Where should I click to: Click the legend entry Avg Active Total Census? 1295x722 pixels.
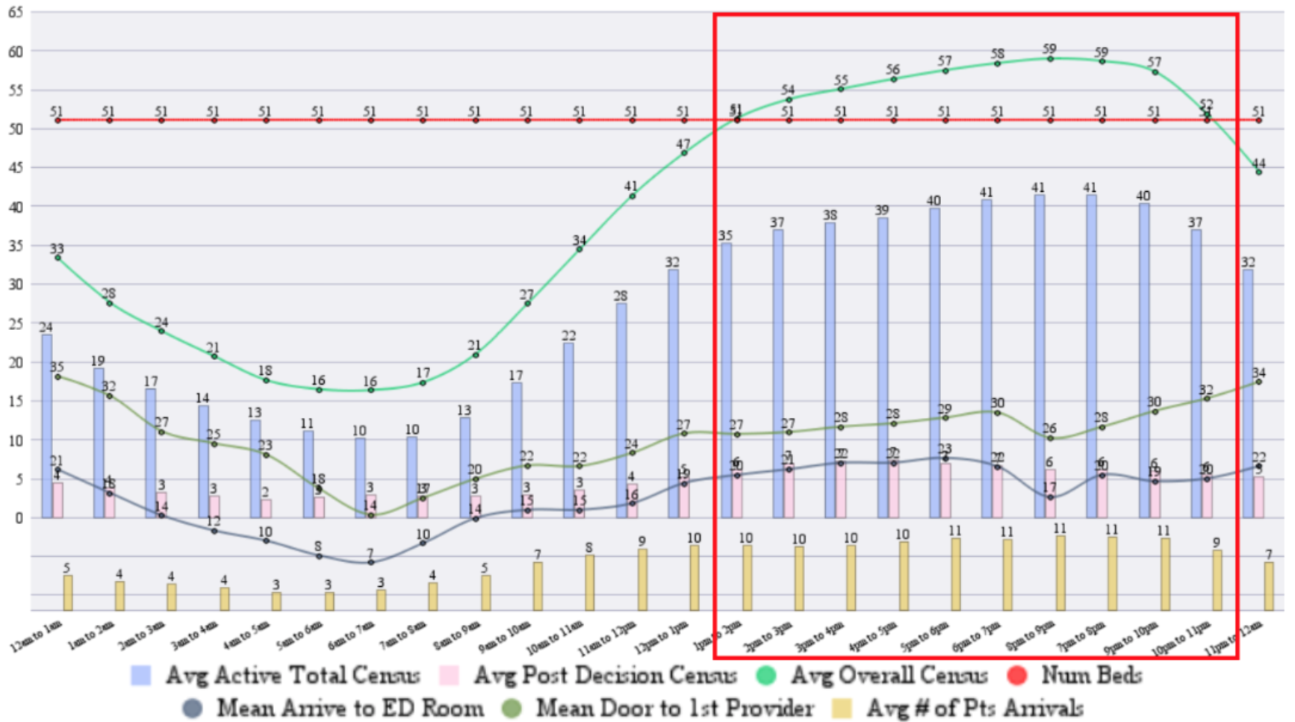click(292, 676)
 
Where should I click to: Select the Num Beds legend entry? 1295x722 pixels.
click(1091, 676)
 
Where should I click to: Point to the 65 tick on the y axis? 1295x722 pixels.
click(15, 13)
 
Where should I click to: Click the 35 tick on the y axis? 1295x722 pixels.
click(15, 246)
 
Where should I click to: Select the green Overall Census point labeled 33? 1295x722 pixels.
click(58, 258)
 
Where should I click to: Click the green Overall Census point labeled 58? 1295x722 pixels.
click(997, 63)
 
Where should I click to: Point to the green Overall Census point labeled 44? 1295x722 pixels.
click(1258, 172)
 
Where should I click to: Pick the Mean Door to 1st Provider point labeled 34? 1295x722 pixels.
click(1258, 382)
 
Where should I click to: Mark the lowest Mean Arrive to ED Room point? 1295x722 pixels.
click(370, 562)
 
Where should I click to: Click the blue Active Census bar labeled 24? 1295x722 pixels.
click(47, 426)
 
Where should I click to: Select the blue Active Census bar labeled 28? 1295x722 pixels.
click(621, 410)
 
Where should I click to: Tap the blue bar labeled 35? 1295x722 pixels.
click(726, 380)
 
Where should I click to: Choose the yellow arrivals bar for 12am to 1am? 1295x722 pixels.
click(68, 593)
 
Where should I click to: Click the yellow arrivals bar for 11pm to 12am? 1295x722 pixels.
click(1269, 586)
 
